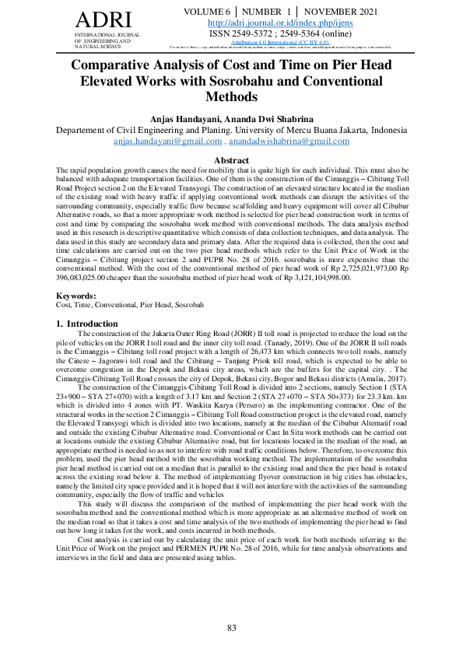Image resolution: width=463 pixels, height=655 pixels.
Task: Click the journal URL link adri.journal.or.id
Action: (281, 23)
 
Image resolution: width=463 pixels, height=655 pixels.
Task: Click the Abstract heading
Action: (231, 160)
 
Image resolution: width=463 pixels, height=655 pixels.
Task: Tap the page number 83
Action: (231, 628)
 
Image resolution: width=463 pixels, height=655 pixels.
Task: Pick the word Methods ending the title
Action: (231, 97)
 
